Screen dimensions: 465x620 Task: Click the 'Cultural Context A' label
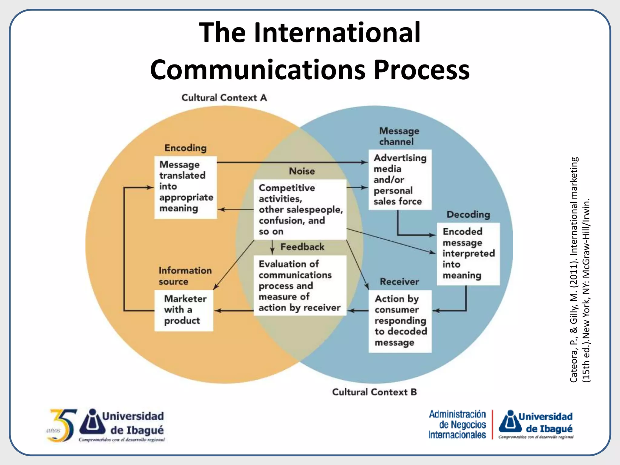[224, 98]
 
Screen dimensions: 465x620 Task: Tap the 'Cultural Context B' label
[374, 392]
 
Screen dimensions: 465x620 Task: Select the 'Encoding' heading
[185, 148]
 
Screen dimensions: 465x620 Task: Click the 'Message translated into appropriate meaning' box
[186, 187]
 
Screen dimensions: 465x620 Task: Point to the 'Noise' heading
[302, 171]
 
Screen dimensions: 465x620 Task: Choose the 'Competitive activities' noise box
[300, 209]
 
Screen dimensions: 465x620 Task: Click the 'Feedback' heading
[302, 247]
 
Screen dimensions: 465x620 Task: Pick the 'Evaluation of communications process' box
[300, 285]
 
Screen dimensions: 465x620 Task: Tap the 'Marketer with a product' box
[184, 310]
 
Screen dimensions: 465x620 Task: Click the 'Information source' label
[185, 276]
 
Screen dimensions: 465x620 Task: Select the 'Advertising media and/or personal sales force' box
[400, 180]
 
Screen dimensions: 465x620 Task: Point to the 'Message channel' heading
[399, 136]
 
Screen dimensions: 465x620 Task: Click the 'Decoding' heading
[468, 214]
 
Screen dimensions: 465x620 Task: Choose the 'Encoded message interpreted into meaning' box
[468, 254]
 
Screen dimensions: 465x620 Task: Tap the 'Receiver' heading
[399, 282]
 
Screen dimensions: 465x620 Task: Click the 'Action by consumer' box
[400, 321]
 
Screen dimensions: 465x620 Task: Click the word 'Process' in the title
[421, 70]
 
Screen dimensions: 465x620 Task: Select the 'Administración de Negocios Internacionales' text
[457, 424]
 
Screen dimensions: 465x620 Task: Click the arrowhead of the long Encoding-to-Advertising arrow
[365, 162]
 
